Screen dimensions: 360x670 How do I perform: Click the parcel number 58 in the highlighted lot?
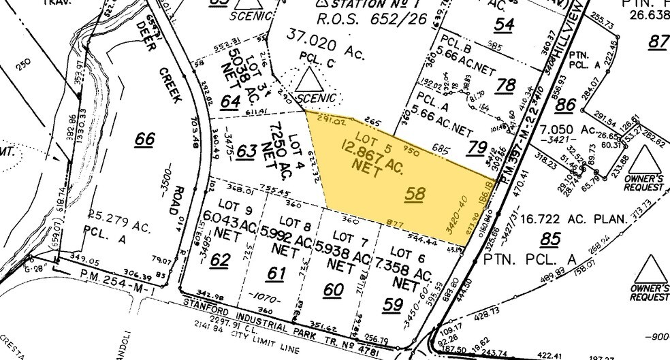click(415, 194)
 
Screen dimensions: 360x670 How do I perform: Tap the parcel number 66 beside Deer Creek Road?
click(144, 139)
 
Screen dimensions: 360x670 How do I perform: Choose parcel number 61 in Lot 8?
click(276, 274)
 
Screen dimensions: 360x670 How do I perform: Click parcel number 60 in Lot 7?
click(333, 290)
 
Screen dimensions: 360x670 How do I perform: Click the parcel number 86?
click(564, 105)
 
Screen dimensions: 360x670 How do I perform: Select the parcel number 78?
click(506, 85)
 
